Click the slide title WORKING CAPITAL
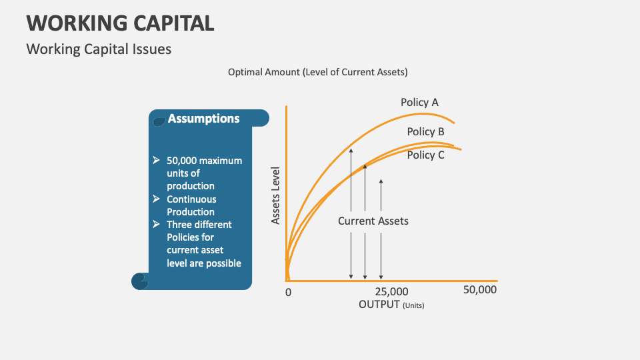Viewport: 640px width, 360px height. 121,23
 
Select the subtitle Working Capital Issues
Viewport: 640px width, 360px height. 99,49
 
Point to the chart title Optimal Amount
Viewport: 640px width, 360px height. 317,72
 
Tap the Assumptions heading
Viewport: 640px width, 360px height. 203,119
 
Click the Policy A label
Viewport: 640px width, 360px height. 419,102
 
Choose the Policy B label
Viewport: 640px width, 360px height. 425,131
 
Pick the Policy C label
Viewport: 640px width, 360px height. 425,155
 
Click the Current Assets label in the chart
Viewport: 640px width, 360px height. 373,221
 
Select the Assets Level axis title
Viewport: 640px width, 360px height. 275,195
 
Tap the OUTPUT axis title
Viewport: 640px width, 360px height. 379,304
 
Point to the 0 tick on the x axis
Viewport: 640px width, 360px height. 288,292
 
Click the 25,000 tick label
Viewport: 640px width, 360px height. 391,292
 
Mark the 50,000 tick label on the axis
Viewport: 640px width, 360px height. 479,290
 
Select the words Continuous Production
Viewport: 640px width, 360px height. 191,205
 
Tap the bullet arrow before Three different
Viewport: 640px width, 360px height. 156,224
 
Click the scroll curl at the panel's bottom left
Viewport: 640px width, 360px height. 139,281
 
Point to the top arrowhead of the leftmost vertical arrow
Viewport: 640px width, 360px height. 351,149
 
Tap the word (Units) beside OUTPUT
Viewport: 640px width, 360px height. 413,305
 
